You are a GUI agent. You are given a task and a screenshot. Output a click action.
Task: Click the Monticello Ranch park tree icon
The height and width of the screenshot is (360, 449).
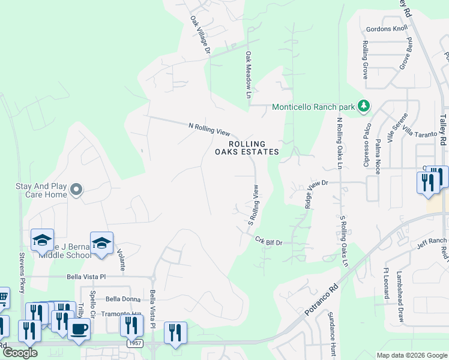click(x=363, y=107)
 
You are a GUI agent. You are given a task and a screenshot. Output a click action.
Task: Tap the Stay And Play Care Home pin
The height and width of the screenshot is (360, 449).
click(x=76, y=190)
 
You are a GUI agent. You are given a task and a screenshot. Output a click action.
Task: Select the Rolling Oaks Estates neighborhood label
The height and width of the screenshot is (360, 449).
click(x=247, y=148)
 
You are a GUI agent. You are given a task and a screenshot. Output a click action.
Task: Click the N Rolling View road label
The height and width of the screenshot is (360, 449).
click(x=209, y=127)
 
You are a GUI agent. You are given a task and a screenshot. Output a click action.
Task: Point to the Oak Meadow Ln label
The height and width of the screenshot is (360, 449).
click(x=247, y=74)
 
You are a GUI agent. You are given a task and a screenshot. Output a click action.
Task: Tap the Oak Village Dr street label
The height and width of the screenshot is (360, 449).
click(x=200, y=36)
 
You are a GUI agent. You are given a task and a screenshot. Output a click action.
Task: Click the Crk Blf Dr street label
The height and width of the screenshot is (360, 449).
click(x=268, y=241)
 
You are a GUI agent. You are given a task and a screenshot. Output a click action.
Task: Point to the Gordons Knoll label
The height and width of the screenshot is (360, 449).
click(x=387, y=29)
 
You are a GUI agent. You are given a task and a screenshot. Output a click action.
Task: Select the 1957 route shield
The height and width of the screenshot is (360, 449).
click(x=135, y=343)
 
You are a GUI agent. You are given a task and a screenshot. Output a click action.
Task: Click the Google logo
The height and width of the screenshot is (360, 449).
click(x=20, y=353)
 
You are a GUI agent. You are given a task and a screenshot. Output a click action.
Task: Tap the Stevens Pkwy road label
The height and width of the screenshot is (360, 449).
click(x=22, y=273)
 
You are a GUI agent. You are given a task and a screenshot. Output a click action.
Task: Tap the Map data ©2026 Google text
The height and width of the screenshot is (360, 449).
click(x=412, y=355)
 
